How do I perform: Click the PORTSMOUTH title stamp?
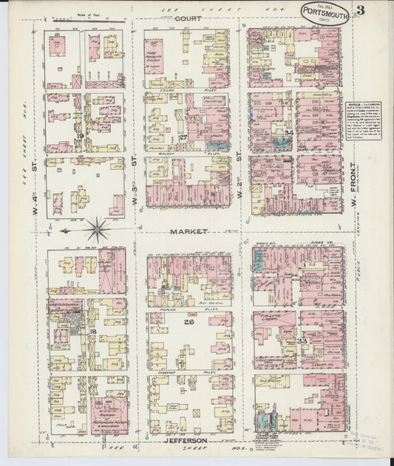[x=325, y=13]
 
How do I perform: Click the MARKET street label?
[x=190, y=230]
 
